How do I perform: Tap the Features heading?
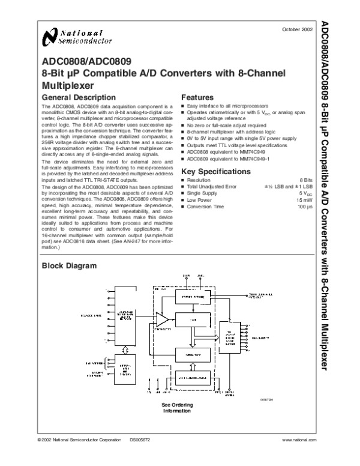(x=197, y=97)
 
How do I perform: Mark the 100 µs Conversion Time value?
(x=307, y=207)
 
